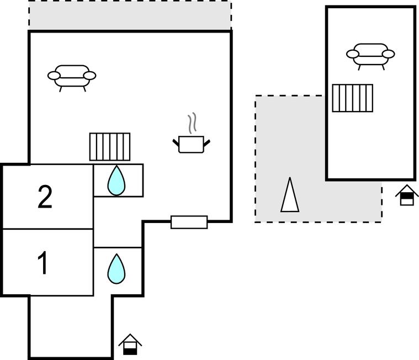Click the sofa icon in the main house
coord(72,77)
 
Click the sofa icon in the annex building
coord(370,55)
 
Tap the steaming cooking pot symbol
coord(191,143)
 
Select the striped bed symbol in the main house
coord(110,146)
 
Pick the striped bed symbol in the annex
coord(352,98)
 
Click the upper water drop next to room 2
coord(116,181)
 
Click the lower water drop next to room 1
coord(116,268)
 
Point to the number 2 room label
coord(45,197)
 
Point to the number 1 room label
coord(43,263)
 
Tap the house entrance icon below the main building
coord(130,345)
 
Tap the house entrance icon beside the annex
coord(407,194)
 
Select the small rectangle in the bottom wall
coord(189,222)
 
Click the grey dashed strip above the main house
coord(130,15)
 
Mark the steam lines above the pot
coord(192,124)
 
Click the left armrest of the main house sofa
coord(54,75)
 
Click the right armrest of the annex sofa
coord(388,54)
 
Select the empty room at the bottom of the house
coord(70,326)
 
